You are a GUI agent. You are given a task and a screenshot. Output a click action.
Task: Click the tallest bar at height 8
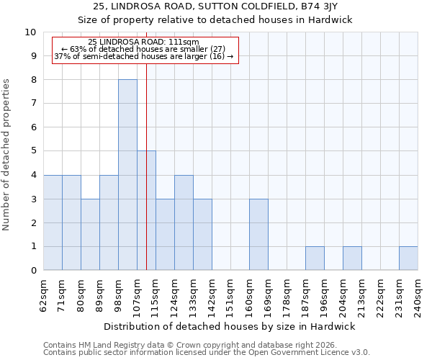pyautogui.click(x=127, y=175)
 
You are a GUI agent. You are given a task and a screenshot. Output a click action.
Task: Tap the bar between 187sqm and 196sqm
pyautogui.click(x=315, y=258)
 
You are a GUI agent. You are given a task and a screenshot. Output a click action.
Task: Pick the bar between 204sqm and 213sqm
pyautogui.click(x=352, y=258)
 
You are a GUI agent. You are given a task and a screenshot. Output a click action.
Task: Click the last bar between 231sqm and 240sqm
pyautogui.click(x=408, y=258)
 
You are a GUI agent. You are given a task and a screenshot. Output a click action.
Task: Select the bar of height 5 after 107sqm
pyautogui.click(x=146, y=210)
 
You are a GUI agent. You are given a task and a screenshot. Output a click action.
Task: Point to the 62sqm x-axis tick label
pyautogui.click(x=44, y=294)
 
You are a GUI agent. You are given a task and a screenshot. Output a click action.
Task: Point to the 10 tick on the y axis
pyautogui.click(x=30, y=32)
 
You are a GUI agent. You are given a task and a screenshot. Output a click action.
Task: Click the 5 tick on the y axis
pyautogui.click(x=33, y=151)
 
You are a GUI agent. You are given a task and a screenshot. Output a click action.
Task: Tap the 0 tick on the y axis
pyautogui.click(x=33, y=271)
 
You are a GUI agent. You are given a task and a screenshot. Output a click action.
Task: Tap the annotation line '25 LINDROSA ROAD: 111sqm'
pyautogui.click(x=144, y=42)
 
